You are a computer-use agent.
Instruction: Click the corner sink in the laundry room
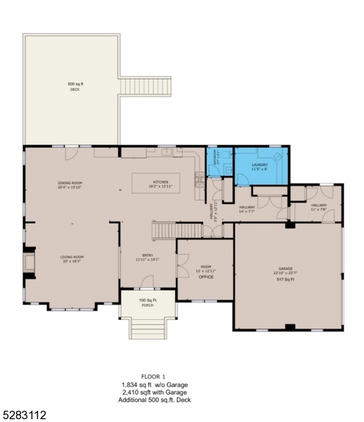click(277, 156)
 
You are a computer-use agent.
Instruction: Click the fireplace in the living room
click(28, 262)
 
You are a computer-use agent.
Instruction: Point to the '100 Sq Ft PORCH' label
click(147, 302)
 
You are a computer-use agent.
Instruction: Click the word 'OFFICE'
click(205, 276)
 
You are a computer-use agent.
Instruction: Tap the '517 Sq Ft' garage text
click(285, 280)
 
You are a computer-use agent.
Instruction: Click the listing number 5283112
click(25, 415)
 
